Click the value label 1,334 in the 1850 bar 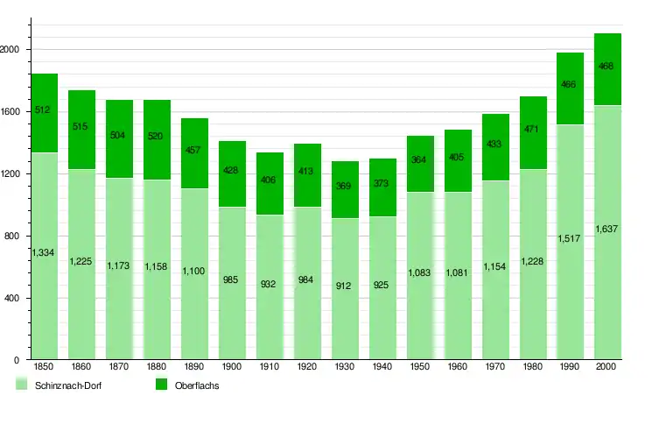[44, 253]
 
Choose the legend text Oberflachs [197, 386]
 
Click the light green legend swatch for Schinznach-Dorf [22, 385]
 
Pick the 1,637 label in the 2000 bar [607, 230]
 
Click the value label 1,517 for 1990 [570, 238]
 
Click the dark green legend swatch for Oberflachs [161, 385]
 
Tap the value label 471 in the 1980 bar [533, 130]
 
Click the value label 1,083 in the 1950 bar [420, 273]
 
